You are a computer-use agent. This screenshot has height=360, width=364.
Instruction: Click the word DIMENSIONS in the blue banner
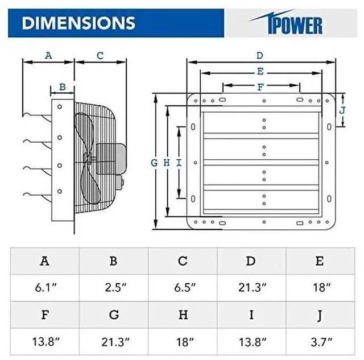78,22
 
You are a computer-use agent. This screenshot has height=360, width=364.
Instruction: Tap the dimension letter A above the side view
48,55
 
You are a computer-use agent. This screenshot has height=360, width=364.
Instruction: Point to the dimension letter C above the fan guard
100,55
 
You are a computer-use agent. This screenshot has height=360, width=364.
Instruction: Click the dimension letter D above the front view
260,55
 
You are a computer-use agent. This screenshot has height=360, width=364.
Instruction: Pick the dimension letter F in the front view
260,87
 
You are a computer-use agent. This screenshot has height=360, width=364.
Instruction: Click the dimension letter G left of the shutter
154,163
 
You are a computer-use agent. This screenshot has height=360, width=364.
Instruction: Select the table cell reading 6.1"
44,288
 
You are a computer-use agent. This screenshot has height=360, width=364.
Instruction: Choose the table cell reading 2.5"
113,288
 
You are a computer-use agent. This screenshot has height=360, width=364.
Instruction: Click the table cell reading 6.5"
182,288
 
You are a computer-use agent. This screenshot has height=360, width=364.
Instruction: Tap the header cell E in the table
320,261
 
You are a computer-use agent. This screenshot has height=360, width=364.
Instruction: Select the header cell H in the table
182,315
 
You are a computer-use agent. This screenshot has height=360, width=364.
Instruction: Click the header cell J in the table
320,315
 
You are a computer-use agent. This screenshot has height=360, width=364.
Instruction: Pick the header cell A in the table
44,261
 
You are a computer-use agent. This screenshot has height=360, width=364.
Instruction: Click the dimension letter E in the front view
260,72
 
